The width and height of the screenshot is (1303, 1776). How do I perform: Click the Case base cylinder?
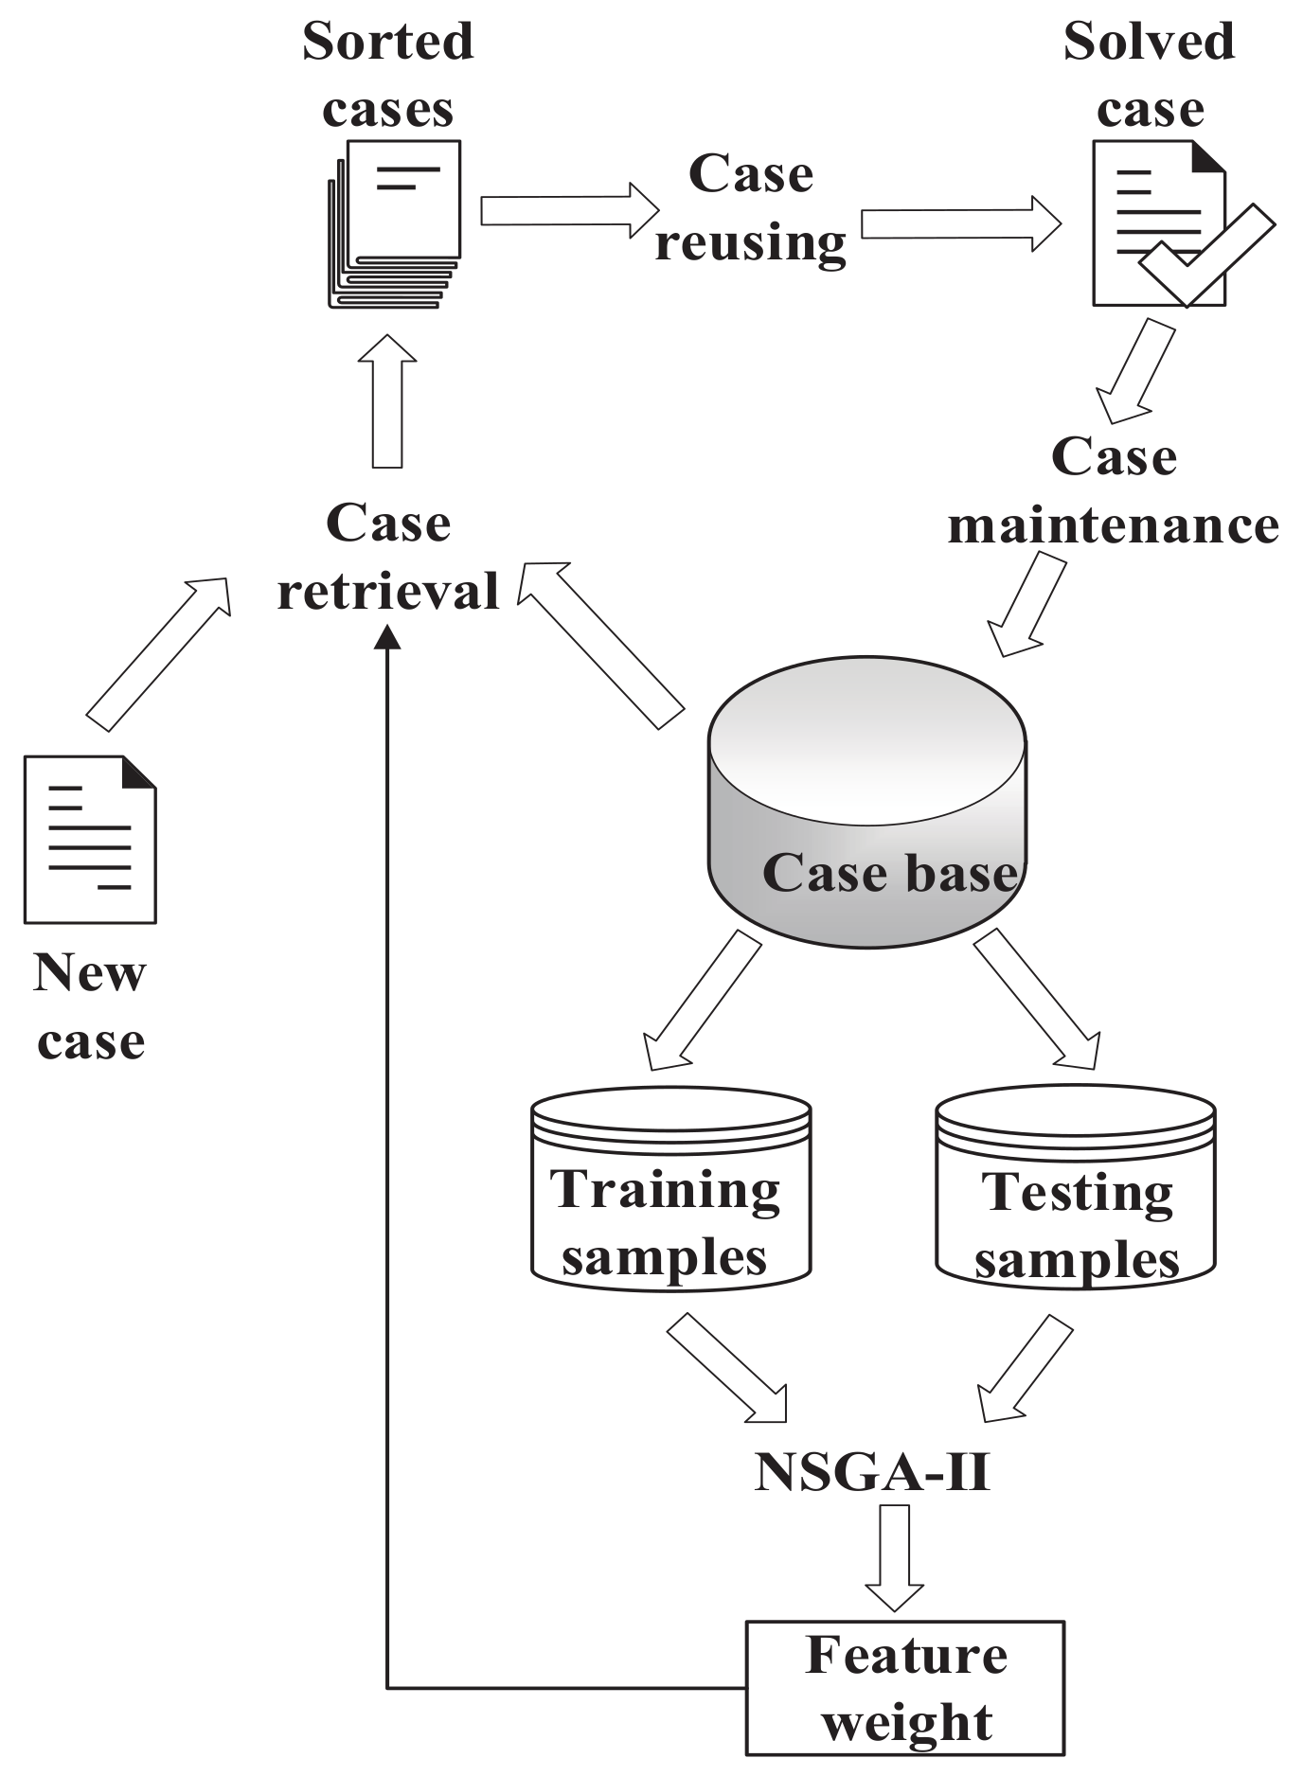(866, 805)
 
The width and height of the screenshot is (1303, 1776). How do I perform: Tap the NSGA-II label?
(871, 1473)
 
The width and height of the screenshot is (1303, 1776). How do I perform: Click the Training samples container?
(670, 1193)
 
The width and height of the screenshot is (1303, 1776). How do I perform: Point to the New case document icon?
(90, 839)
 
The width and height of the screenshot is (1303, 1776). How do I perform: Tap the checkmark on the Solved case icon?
(1207, 256)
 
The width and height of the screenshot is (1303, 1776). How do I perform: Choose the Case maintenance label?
(1114, 490)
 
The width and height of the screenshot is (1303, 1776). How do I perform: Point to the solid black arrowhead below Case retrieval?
(387, 638)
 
